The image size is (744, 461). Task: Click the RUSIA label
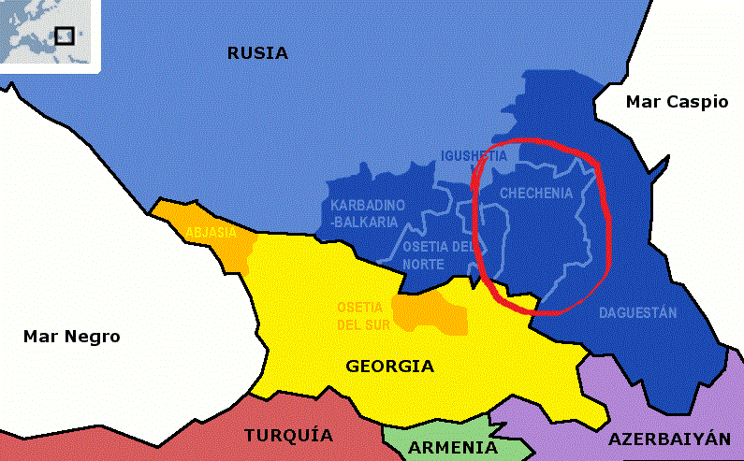[x=257, y=53]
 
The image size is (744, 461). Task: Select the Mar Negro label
[x=71, y=337]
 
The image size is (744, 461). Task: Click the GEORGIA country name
[x=389, y=367]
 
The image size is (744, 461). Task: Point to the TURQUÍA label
[x=288, y=435]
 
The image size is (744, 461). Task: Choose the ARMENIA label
[x=452, y=447]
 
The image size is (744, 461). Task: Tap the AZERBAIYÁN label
[x=668, y=439]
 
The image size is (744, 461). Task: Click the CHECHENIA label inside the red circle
[x=536, y=193]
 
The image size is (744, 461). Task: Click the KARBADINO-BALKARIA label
[x=364, y=213]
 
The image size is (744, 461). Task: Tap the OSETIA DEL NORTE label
[x=438, y=255]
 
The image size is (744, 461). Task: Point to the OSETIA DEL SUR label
[x=361, y=314]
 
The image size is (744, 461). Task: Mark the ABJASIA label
[x=211, y=233]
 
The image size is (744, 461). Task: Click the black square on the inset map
[x=64, y=36]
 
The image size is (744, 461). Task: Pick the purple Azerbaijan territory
[x=646, y=393]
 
